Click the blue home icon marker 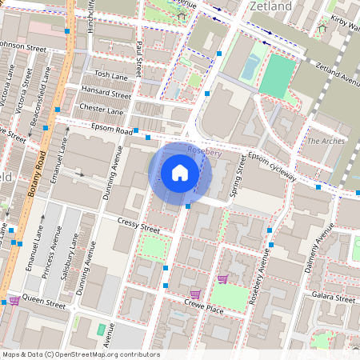180,172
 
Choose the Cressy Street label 138,225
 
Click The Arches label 325,141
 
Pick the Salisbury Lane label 70,252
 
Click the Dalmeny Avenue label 319,250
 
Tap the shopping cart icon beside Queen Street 14,301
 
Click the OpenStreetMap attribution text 80,354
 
